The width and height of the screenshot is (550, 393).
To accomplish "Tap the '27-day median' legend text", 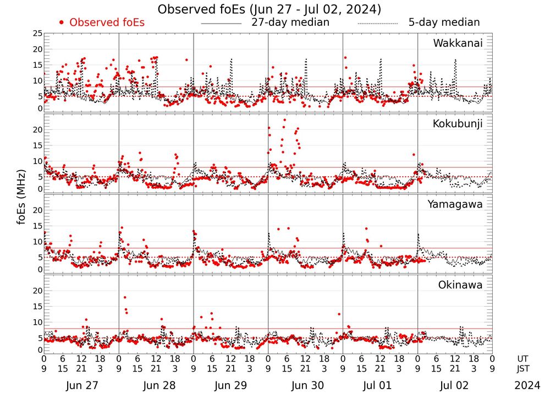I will coord(290,23).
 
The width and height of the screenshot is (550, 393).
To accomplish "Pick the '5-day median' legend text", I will coord(444,23).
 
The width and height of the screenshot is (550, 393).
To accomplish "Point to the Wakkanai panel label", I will coord(458,43).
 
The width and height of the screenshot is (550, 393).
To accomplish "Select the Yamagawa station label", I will coord(455,204).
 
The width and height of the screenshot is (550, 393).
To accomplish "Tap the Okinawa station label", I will coord(460,285).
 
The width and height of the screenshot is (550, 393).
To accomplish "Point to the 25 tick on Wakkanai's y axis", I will coord(37,34).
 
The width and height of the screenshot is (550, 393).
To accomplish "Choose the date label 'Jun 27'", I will coord(81,385).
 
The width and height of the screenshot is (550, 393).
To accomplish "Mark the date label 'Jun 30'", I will coord(305,385).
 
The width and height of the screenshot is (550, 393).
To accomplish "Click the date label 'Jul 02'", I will coord(455,385).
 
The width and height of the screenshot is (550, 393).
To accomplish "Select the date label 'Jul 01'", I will coord(380,385).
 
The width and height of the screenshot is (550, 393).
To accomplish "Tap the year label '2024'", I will coord(527,385).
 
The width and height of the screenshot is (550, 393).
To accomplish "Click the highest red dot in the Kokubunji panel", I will coord(284,119).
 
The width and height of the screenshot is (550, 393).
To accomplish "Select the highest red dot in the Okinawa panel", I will coord(125,298).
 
